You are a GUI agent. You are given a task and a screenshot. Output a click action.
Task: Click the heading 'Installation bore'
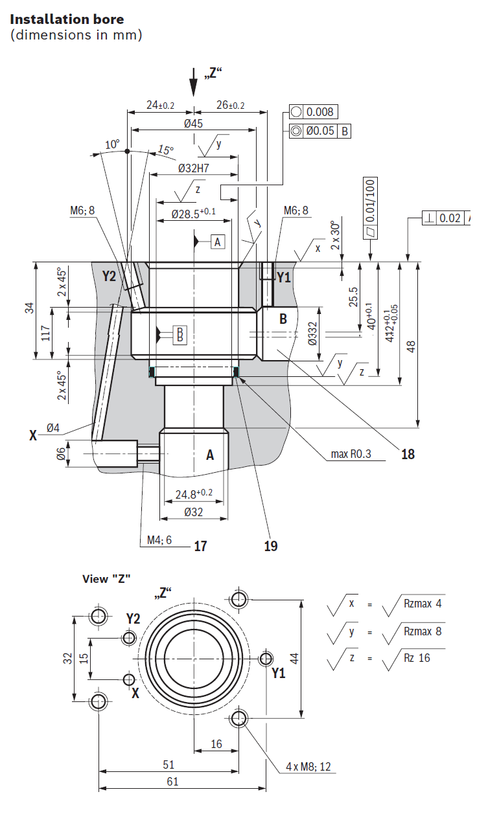click(67, 19)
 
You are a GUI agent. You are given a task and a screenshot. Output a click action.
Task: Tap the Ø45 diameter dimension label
click(193, 124)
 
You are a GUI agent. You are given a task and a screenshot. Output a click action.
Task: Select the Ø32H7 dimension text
click(194, 168)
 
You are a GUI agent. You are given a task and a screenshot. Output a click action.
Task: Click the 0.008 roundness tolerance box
click(314, 112)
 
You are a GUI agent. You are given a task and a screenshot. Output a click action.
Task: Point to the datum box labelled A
click(218, 242)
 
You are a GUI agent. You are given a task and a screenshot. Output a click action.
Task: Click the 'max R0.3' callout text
click(351, 454)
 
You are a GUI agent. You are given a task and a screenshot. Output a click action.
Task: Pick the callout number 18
click(408, 454)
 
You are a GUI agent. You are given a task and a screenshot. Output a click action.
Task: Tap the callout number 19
click(270, 546)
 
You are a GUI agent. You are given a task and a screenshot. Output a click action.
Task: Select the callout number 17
click(200, 546)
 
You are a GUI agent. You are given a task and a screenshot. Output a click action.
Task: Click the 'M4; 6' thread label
click(159, 540)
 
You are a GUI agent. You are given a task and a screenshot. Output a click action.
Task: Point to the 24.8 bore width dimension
click(194, 494)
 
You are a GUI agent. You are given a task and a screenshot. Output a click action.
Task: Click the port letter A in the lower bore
click(210, 455)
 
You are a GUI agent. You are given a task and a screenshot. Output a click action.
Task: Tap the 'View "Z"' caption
click(106, 579)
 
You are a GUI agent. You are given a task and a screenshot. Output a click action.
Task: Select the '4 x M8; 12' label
click(308, 767)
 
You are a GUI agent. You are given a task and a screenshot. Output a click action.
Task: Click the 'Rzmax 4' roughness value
click(423, 604)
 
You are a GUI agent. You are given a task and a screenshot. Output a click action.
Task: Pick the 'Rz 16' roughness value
click(417, 657)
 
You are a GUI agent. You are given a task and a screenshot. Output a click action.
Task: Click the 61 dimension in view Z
click(172, 782)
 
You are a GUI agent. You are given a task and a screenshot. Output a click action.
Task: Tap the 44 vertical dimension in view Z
click(294, 659)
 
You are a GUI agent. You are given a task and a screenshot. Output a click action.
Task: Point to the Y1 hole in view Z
click(266, 658)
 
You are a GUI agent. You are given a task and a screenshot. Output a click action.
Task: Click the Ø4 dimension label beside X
click(53, 427)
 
